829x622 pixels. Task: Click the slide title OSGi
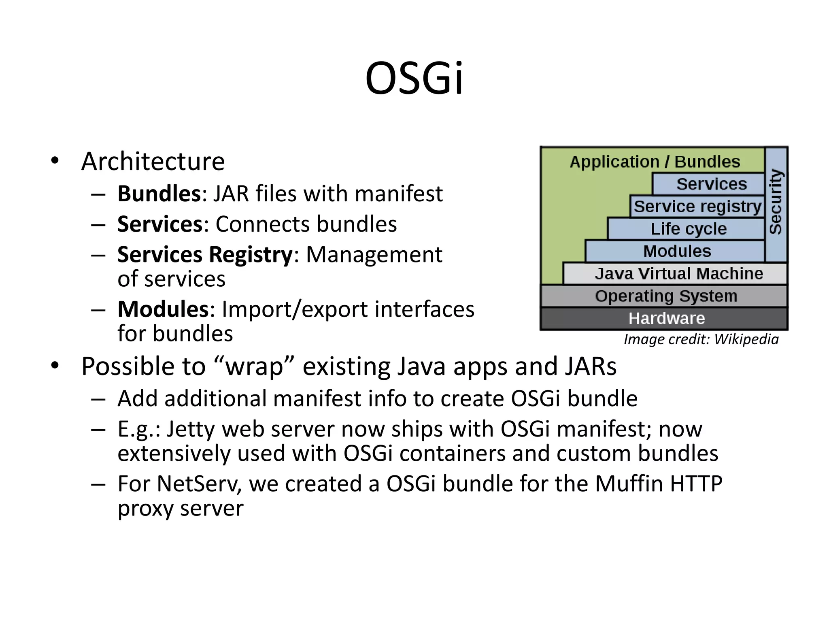pos(414,79)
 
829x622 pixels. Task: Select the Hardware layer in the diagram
pos(666,319)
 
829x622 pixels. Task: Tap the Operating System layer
pos(666,296)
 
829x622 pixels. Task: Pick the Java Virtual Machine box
pos(678,274)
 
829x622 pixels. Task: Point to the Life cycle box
pos(688,229)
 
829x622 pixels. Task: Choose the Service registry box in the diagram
pos(697,207)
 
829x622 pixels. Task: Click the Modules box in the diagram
pos(677,251)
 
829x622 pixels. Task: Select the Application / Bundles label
pos(655,162)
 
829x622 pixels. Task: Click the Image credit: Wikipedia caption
pos(701,339)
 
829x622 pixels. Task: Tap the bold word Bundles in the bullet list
pos(159,194)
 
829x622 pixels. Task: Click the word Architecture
pos(153,162)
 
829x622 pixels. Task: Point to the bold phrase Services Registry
pos(204,255)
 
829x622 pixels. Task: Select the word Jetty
pos(190,429)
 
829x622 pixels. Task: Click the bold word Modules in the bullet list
pos(163,309)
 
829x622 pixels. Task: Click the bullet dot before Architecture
pos(55,161)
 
